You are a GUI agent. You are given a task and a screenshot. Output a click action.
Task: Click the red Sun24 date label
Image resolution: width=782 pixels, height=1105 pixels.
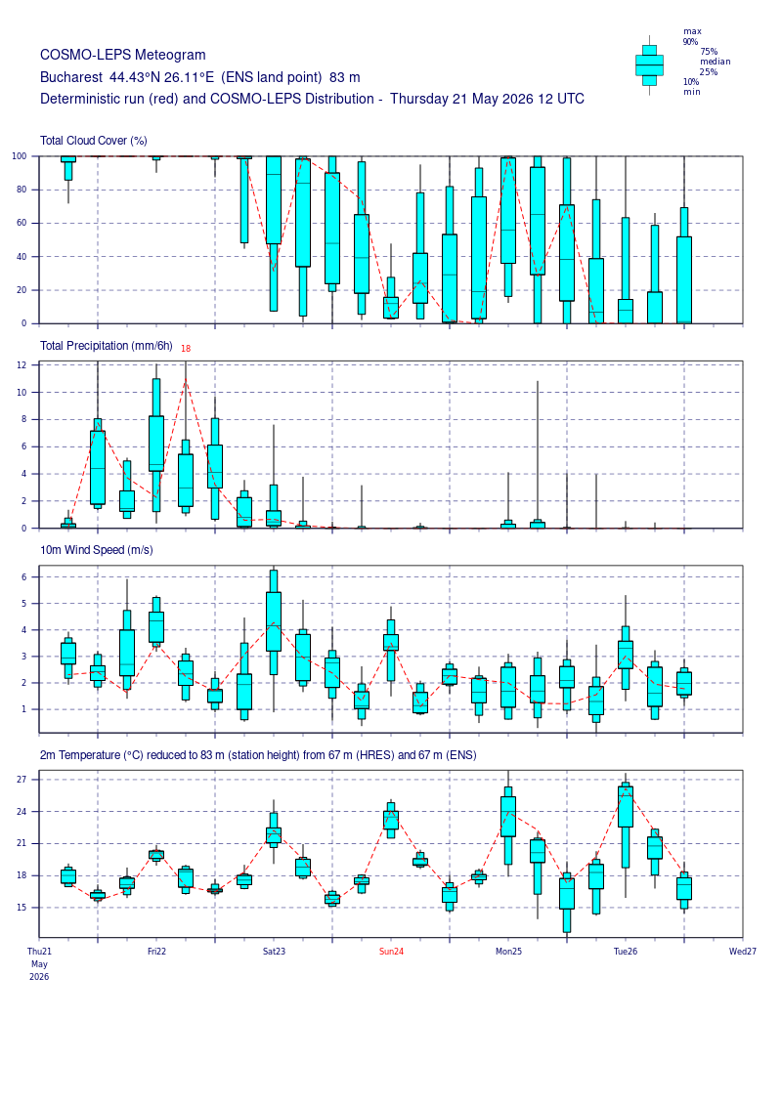point(391,952)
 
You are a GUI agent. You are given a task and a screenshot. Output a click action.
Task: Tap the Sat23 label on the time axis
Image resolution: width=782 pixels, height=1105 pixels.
point(275,952)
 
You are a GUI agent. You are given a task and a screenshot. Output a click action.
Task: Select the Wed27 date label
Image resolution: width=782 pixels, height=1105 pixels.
point(743,952)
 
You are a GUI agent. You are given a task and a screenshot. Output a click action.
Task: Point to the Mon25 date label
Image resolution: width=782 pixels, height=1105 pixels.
point(508,952)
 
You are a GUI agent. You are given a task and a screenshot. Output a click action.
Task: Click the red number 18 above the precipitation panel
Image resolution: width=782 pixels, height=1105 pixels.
point(186,348)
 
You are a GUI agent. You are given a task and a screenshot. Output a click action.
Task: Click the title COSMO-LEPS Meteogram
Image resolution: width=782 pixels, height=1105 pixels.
point(123,55)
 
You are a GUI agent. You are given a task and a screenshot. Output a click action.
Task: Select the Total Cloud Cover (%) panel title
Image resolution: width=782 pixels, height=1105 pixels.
point(94,141)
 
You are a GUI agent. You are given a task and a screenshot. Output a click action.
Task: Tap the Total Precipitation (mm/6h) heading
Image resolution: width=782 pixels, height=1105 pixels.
point(107,345)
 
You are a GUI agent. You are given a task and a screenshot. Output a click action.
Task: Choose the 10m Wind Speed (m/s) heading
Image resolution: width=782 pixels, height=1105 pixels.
point(97,550)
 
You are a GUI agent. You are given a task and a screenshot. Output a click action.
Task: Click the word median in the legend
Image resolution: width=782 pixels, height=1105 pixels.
point(715,62)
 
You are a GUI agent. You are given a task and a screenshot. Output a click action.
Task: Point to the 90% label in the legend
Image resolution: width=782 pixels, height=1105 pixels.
point(690,42)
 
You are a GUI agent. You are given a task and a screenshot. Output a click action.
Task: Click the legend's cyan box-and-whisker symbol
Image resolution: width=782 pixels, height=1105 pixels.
point(649,64)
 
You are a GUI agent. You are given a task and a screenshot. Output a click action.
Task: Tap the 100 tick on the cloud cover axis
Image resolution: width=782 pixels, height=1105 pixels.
point(19,156)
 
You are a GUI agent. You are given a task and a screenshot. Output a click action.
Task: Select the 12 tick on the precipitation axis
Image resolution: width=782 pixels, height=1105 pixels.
point(22,365)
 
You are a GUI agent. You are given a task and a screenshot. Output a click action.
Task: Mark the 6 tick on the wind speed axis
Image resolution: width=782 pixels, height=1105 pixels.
point(24,577)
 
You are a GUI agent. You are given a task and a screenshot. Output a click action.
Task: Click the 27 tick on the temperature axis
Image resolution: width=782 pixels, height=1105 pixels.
point(22,780)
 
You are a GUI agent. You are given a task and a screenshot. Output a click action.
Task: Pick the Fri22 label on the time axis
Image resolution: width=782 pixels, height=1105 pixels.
point(156,952)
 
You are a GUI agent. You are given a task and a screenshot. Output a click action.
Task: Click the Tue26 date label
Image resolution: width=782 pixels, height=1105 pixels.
point(626,952)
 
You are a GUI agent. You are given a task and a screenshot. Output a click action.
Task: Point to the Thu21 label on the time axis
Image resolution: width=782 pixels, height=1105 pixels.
point(39,952)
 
